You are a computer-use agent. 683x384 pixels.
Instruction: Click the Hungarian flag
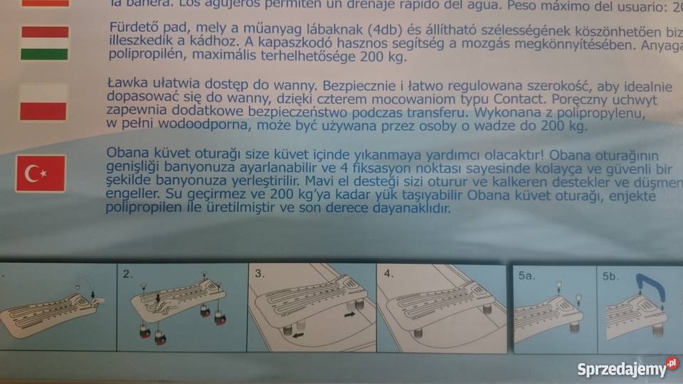click(x=44, y=43)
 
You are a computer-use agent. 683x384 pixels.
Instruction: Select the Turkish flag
click(x=41, y=174)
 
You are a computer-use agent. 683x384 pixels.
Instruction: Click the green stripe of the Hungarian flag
click(x=44, y=54)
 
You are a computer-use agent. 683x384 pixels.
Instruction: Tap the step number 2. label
click(x=127, y=273)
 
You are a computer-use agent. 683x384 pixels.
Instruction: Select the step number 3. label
click(x=260, y=273)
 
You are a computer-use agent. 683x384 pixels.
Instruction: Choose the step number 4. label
click(x=388, y=273)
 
